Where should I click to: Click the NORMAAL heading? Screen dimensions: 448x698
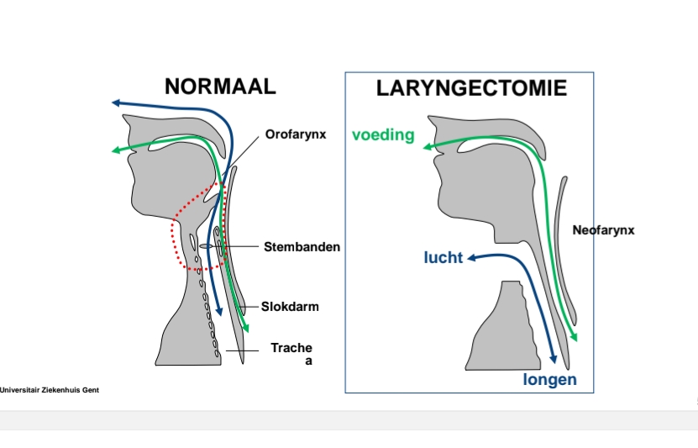pos(220,87)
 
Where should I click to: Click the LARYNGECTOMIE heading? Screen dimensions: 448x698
pos(471,88)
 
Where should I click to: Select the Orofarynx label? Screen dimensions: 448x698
pos(295,134)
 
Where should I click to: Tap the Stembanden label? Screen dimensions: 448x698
pos(302,247)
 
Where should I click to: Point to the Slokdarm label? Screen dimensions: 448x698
pos(290,307)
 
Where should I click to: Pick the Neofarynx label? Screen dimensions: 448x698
pos(603,229)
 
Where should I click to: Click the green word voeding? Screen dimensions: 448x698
pos(383,134)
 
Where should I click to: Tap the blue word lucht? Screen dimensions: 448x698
pos(443,257)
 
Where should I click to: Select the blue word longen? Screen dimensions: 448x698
pos(549,380)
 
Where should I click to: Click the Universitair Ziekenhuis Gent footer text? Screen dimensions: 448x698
pos(50,390)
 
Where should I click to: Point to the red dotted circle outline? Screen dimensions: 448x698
pos(174,227)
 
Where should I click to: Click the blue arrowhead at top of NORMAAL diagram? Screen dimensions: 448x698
pos(117,103)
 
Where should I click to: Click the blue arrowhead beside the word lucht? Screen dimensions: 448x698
pos(472,257)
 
